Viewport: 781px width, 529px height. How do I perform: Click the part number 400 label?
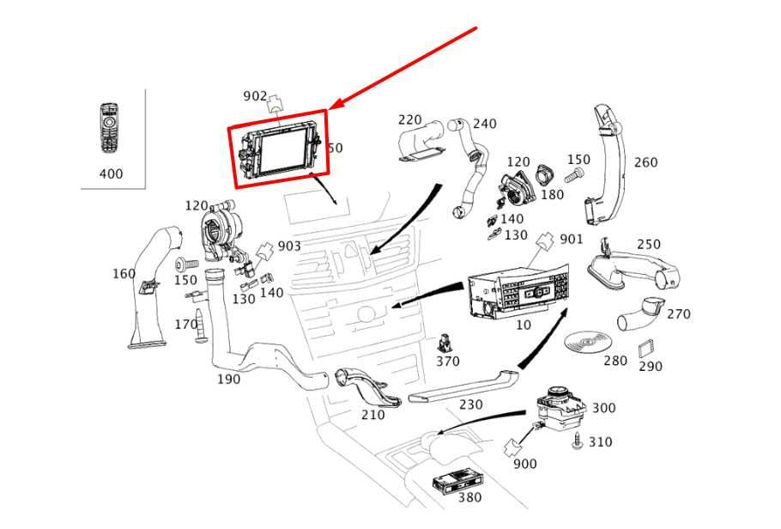(111, 173)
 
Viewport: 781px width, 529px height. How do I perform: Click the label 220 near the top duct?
(409, 120)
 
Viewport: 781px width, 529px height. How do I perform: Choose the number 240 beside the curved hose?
(484, 124)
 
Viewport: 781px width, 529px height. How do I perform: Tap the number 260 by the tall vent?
(645, 162)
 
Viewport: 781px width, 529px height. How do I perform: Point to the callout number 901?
(571, 239)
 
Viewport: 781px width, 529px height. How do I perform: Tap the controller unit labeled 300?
(556, 409)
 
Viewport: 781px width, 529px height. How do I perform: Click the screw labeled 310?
(578, 441)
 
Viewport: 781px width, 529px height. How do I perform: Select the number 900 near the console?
(524, 464)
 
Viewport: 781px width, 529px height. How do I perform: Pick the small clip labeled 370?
(446, 343)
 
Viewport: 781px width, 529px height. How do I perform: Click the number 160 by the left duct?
(124, 274)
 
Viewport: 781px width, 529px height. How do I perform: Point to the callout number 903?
(289, 246)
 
